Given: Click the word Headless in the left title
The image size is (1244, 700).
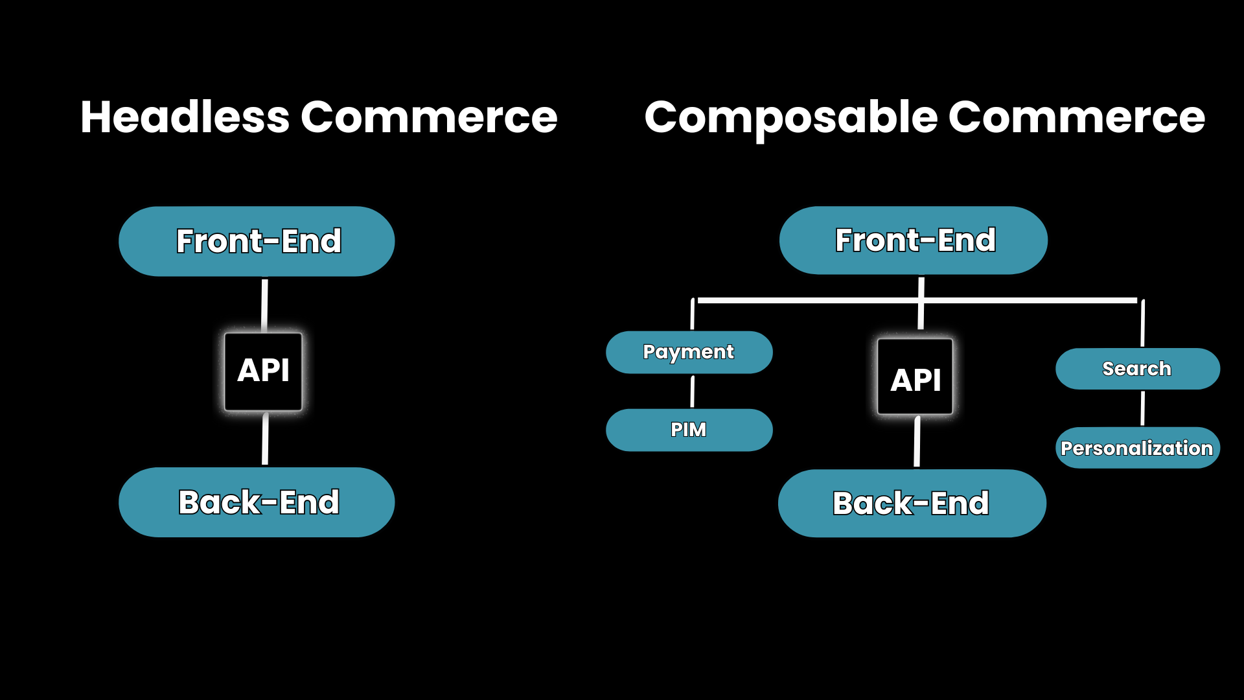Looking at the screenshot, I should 185,117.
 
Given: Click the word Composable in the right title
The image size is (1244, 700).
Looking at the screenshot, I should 790,119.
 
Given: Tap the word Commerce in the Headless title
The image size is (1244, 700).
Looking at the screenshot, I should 428,117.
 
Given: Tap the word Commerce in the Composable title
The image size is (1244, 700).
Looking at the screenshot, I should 1076,117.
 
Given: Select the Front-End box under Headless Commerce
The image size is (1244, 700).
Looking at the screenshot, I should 257,241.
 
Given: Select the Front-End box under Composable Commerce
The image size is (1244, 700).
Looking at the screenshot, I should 914,240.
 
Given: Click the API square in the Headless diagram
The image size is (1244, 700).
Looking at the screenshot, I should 263,371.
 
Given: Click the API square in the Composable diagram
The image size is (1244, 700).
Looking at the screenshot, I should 915,377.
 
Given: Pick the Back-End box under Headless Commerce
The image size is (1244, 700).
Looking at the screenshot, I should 257,502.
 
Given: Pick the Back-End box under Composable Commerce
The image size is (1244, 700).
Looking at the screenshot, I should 912,504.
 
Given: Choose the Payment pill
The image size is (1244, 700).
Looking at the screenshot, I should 689,352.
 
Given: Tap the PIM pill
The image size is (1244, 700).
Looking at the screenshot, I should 689,430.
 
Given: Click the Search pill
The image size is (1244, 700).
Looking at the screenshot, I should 1137,369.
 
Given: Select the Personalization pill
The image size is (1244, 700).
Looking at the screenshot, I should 1137,448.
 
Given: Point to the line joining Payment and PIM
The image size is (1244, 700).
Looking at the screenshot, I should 693,391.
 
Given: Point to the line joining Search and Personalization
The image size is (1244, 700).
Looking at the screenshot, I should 1142,408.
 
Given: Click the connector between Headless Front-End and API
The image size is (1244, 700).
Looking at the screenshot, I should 264,305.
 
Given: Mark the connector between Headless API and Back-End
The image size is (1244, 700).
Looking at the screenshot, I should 265,439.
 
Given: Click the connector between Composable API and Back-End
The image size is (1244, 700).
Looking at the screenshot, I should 917,442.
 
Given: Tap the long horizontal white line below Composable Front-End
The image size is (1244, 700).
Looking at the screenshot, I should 810,301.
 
